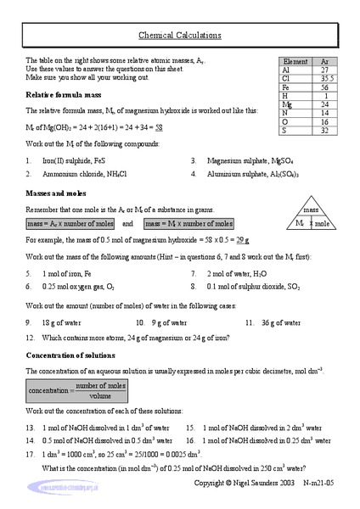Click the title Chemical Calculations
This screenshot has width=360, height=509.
pyautogui.click(x=180, y=36)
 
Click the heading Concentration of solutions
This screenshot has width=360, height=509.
pyautogui.click(x=72, y=355)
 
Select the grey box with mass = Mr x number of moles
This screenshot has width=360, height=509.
pyautogui.click(x=189, y=224)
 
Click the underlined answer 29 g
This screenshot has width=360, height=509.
pyautogui.click(x=243, y=242)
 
